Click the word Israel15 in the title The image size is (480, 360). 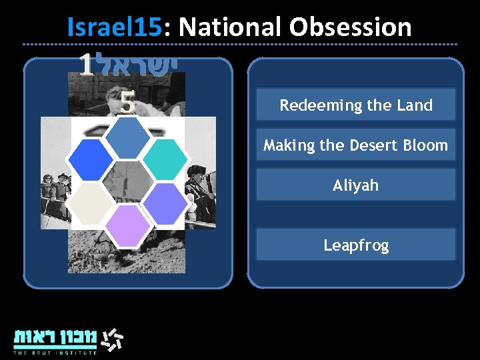point(114,27)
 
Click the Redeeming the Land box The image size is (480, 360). point(355,105)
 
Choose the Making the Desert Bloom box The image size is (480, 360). point(355,145)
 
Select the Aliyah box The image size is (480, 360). point(355,185)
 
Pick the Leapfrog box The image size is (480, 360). point(355,245)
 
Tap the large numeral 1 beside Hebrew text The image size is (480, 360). point(85,65)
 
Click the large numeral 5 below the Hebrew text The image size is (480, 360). point(128,102)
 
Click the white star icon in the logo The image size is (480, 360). point(111,339)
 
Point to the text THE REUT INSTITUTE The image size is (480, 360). point(55,353)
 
